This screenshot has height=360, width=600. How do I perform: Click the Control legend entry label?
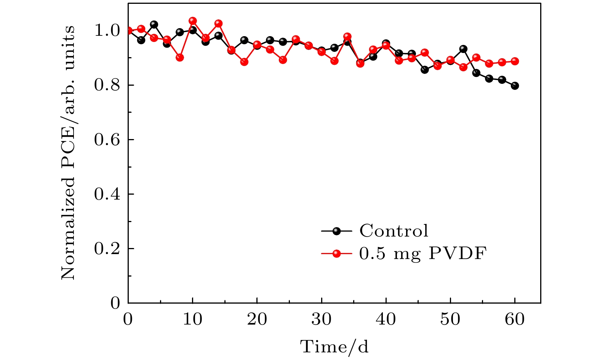point(394,231)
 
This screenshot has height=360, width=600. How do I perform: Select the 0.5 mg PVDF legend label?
point(423,254)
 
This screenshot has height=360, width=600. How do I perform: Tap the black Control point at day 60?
point(515,86)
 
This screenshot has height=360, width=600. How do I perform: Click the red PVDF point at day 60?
point(515,61)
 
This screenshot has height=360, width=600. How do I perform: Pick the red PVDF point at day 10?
point(193,21)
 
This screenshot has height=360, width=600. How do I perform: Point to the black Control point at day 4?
point(154,24)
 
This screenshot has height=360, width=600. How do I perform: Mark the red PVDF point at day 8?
point(180,58)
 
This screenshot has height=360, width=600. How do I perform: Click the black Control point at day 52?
point(463,49)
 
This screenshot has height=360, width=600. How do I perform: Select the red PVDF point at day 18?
point(244,62)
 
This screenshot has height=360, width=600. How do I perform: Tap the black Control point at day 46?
point(425,70)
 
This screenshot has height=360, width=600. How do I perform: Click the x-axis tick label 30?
point(322,319)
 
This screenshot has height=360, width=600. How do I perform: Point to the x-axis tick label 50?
point(450,319)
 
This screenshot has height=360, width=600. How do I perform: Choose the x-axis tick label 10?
point(192,319)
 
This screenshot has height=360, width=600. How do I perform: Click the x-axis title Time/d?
point(334,347)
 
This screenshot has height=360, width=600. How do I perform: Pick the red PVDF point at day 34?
point(347,37)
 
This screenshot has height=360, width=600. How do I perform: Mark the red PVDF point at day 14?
point(218,24)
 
